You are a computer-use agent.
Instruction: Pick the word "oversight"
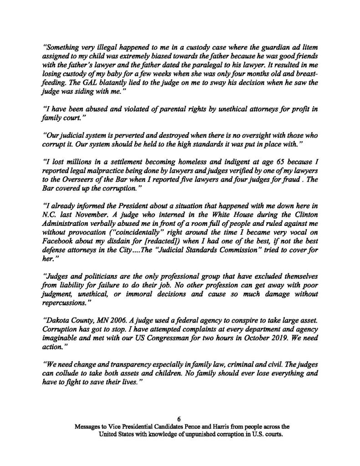point(259,123)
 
